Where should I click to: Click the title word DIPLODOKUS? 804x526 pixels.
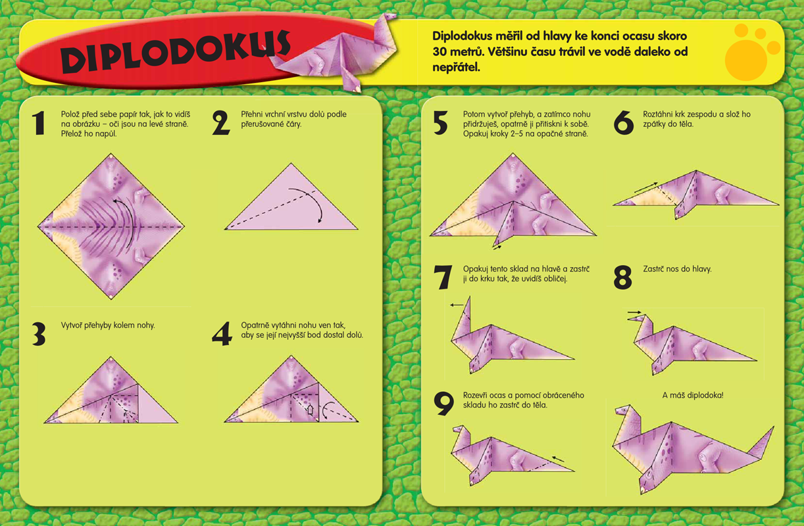pos(175,51)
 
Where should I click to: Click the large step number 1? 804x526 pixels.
pos(39,123)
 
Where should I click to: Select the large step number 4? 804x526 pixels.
pos(222,334)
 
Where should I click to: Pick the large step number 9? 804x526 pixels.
pos(443,403)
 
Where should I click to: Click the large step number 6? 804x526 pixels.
pos(624,123)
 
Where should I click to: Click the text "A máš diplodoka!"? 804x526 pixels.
pos(693,395)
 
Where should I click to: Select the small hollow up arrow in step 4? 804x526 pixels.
pos(311,410)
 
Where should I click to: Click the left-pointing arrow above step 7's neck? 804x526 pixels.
pos(457,305)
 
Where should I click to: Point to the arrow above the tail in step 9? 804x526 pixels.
pos(558,459)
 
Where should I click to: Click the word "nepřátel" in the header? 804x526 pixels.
pos(456,67)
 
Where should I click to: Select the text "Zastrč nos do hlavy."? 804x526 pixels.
pos(677,269)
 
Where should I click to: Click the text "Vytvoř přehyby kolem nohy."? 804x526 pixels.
pos(108,325)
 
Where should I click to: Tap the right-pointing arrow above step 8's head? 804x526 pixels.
pos(634,312)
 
